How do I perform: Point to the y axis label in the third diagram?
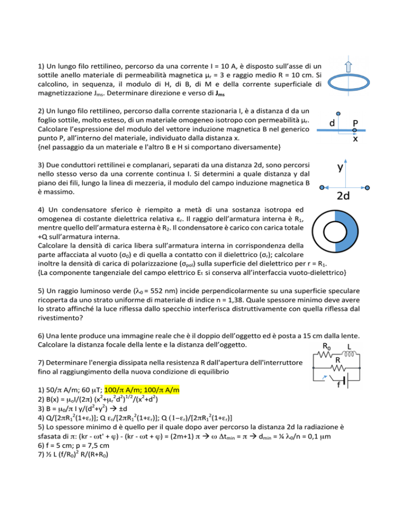340,168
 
